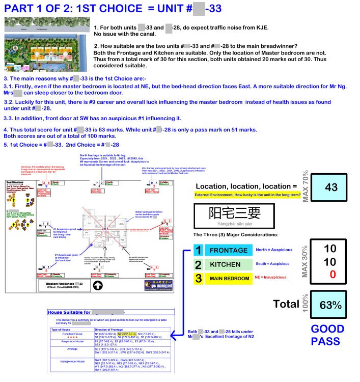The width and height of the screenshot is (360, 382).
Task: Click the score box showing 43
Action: (x=331, y=187)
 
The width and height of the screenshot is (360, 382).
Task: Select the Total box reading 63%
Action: (x=331, y=304)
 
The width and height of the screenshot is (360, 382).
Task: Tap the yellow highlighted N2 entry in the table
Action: (x=127, y=334)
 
